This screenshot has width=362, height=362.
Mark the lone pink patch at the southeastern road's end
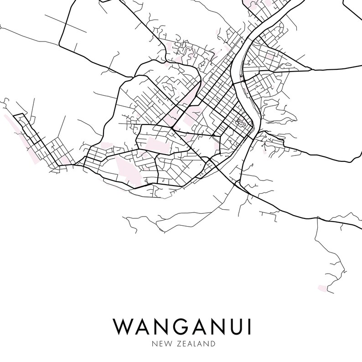(322, 288)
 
